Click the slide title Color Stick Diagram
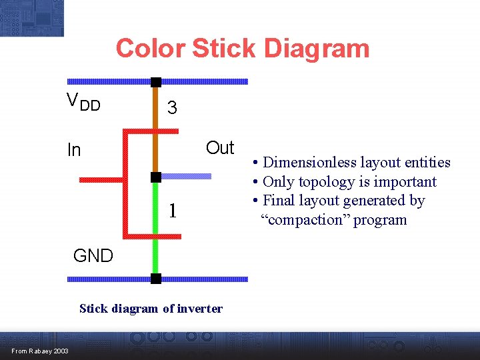pyautogui.click(x=242, y=49)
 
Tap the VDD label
pyautogui.click(x=83, y=102)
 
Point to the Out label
pyautogui.click(x=220, y=148)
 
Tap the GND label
pyautogui.click(x=93, y=255)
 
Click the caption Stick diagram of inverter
pyautogui.click(x=151, y=308)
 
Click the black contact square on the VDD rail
pyautogui.click(x=155, y=82)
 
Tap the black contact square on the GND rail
pyautogui.click(x=155, y=279)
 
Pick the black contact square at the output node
pyautogui.click(x=155, y=177)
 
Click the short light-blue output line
pyautogui.click(x=187, y=177)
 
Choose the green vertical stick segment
pyautogui.click(x=155, y=227)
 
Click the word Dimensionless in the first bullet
pyautogui.click(x=310, y=163)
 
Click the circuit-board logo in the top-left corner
pyautogui.click(x=32, y=17)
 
